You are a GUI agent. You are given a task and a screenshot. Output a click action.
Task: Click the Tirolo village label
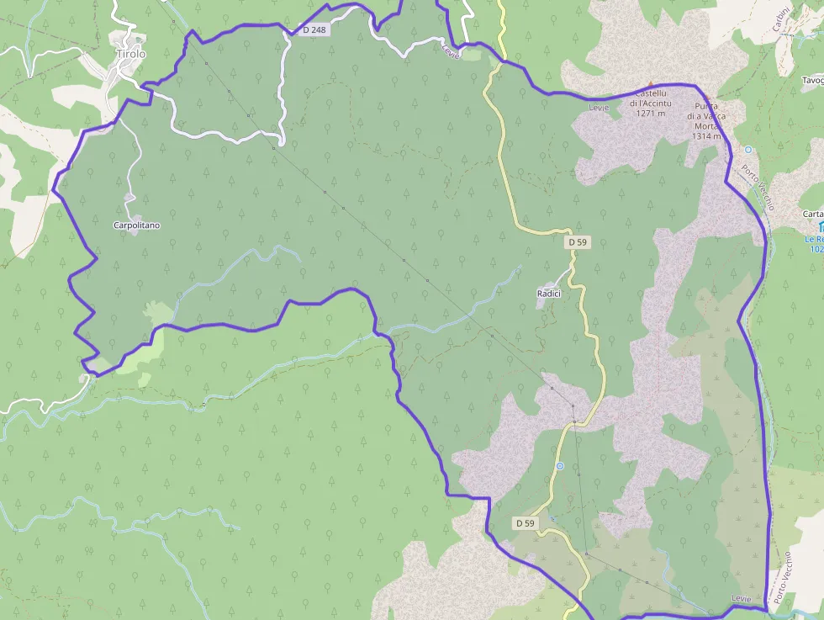point(130,54)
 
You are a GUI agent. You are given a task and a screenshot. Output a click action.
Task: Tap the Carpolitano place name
point(137,225)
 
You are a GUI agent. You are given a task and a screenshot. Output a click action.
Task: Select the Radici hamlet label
point(548,293)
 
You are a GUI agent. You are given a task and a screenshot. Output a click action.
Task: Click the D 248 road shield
point(314,29)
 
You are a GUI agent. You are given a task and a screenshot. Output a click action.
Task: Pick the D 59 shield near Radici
point(577,242)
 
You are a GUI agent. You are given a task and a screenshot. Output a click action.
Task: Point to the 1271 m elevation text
point(651,113)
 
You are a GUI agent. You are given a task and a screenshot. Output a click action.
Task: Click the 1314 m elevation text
point(707,135)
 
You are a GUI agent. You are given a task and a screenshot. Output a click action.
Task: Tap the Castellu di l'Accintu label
point(651,97)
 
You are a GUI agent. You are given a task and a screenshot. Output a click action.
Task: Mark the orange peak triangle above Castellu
point(649,84)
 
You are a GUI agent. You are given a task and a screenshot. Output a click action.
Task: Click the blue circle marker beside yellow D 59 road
point(559,466)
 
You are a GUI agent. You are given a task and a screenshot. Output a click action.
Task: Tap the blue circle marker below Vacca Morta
point(747,149)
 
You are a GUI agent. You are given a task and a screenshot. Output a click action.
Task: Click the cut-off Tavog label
point(812,81)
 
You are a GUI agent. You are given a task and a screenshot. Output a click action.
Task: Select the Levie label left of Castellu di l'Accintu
point(599,107)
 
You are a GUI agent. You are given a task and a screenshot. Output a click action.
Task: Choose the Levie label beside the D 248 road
point(452,50)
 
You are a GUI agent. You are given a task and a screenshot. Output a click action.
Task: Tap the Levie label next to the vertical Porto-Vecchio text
point(741,598)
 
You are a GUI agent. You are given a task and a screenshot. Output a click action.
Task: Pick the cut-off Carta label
point(813,214)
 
